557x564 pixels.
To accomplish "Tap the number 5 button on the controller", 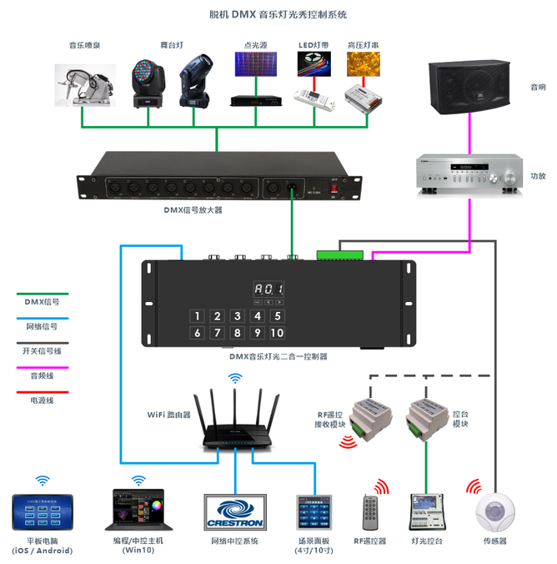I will [x=278, y=316].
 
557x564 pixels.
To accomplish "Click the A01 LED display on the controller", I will [x=269, y=289].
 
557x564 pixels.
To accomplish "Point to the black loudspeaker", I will [x=469, y=85].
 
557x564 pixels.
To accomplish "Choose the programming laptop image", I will [x=139, y=511].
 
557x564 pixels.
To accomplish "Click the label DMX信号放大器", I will [x=193, y=210].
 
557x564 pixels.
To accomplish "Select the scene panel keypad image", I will [x=314, y=512].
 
